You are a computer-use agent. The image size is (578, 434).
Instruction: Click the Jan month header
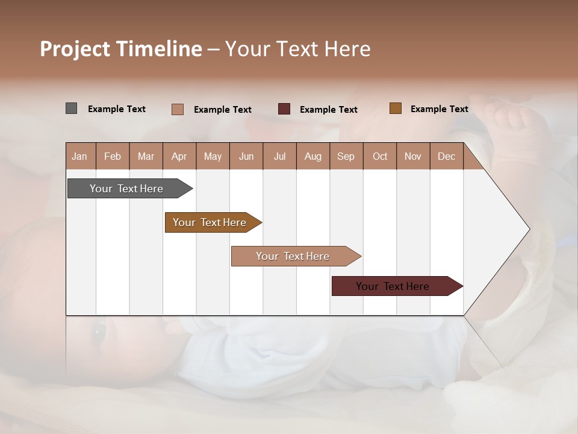[79, 156]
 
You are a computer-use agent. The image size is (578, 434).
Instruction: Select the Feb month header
[113, 156]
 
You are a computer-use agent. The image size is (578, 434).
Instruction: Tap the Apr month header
[179, 156]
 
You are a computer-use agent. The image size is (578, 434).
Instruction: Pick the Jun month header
[246, 156]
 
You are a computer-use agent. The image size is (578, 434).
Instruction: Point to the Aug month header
[312, 156]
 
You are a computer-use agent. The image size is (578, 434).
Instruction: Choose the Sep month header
[346, 156]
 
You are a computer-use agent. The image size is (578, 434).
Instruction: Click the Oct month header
[380, 156]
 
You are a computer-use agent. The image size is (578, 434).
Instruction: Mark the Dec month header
[446, 156]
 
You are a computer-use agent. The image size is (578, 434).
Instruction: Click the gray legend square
[71, 108]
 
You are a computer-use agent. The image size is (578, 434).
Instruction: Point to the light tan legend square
[177, 109]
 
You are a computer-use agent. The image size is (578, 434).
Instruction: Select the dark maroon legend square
[284, 109]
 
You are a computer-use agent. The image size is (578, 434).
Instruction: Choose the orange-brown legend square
[395, 108]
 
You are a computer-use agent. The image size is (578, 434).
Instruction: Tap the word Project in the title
[75, 49]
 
